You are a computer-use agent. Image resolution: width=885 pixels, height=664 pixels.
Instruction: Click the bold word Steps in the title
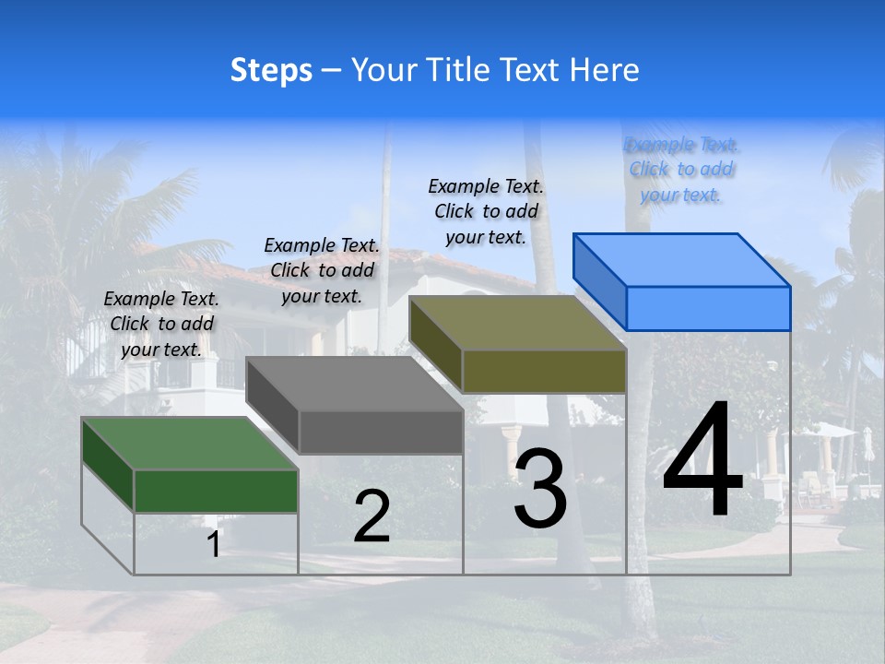pyautogui.click(x=271, y=71)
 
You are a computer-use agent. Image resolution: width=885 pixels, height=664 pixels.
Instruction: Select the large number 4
pyautogui.click(x=702, y=461)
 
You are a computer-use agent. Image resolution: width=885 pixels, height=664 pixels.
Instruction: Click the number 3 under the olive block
pyautogui.click(x=540, y=490)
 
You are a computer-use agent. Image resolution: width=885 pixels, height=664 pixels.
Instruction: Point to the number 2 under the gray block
pyautogui.click(x=372, y=517)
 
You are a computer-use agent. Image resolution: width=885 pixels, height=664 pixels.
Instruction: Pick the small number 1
pyautogui.click(x=214, y=545)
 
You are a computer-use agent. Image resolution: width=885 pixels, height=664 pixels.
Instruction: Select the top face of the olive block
pyautogui.click(x=516, y=323)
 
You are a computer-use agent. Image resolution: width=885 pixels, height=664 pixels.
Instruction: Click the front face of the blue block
pyautogui.click(x=708, y=308)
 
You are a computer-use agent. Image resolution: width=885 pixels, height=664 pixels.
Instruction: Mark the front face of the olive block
pyautogui.click(x=544, y=372)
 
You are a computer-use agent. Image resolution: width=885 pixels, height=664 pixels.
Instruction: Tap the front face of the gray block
pyautogui.click(x=381, y=433)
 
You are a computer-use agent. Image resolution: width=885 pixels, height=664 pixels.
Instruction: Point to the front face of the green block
pyautogui.click(x=216, y=491)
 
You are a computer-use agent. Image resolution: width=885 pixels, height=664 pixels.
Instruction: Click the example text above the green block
pyautogui.click(x=161, y=324)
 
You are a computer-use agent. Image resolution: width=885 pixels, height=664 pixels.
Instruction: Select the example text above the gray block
pyautogui.click(x=322, y=270)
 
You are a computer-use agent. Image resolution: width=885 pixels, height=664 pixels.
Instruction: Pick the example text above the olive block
pyautogui.click(x=486, y=211)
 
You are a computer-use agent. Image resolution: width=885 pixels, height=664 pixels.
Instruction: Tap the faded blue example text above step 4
pyautogui.click(x=681, y=170)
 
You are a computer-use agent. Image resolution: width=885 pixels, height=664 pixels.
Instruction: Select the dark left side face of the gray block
pyautogui.click(x=273, y=405)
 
